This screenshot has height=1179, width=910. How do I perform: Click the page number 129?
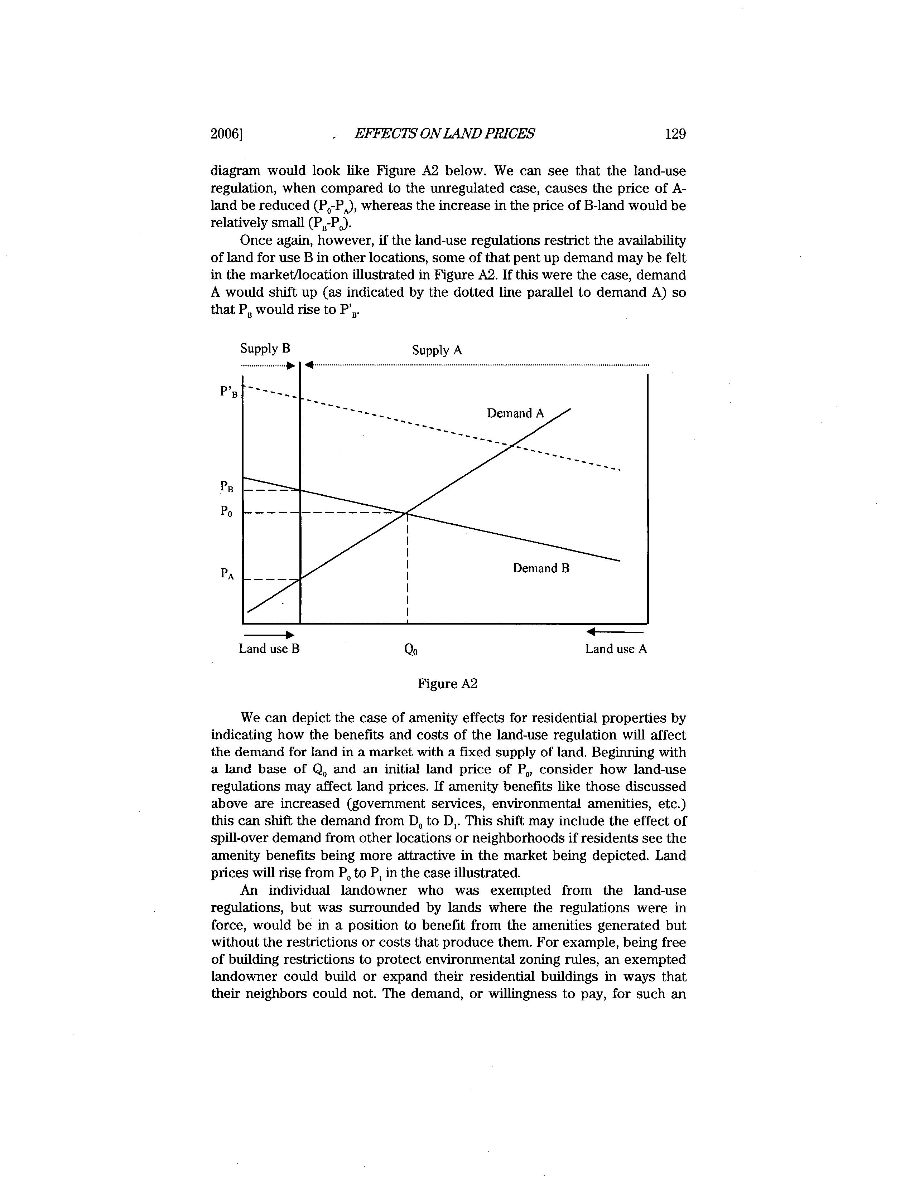675,134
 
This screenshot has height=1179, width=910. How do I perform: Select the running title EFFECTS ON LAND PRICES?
444,134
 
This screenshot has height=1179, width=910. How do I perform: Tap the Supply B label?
265,349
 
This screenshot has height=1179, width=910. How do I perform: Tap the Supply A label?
437,350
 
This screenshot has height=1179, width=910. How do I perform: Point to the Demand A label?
516,413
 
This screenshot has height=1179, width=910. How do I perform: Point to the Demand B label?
541,568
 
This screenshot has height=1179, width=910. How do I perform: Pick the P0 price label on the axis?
227,511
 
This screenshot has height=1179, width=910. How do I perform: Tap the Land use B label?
269,649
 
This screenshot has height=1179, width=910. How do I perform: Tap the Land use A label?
616,649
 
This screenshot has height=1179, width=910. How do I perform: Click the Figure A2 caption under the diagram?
448,684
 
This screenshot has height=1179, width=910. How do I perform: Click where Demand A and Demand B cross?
406,512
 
